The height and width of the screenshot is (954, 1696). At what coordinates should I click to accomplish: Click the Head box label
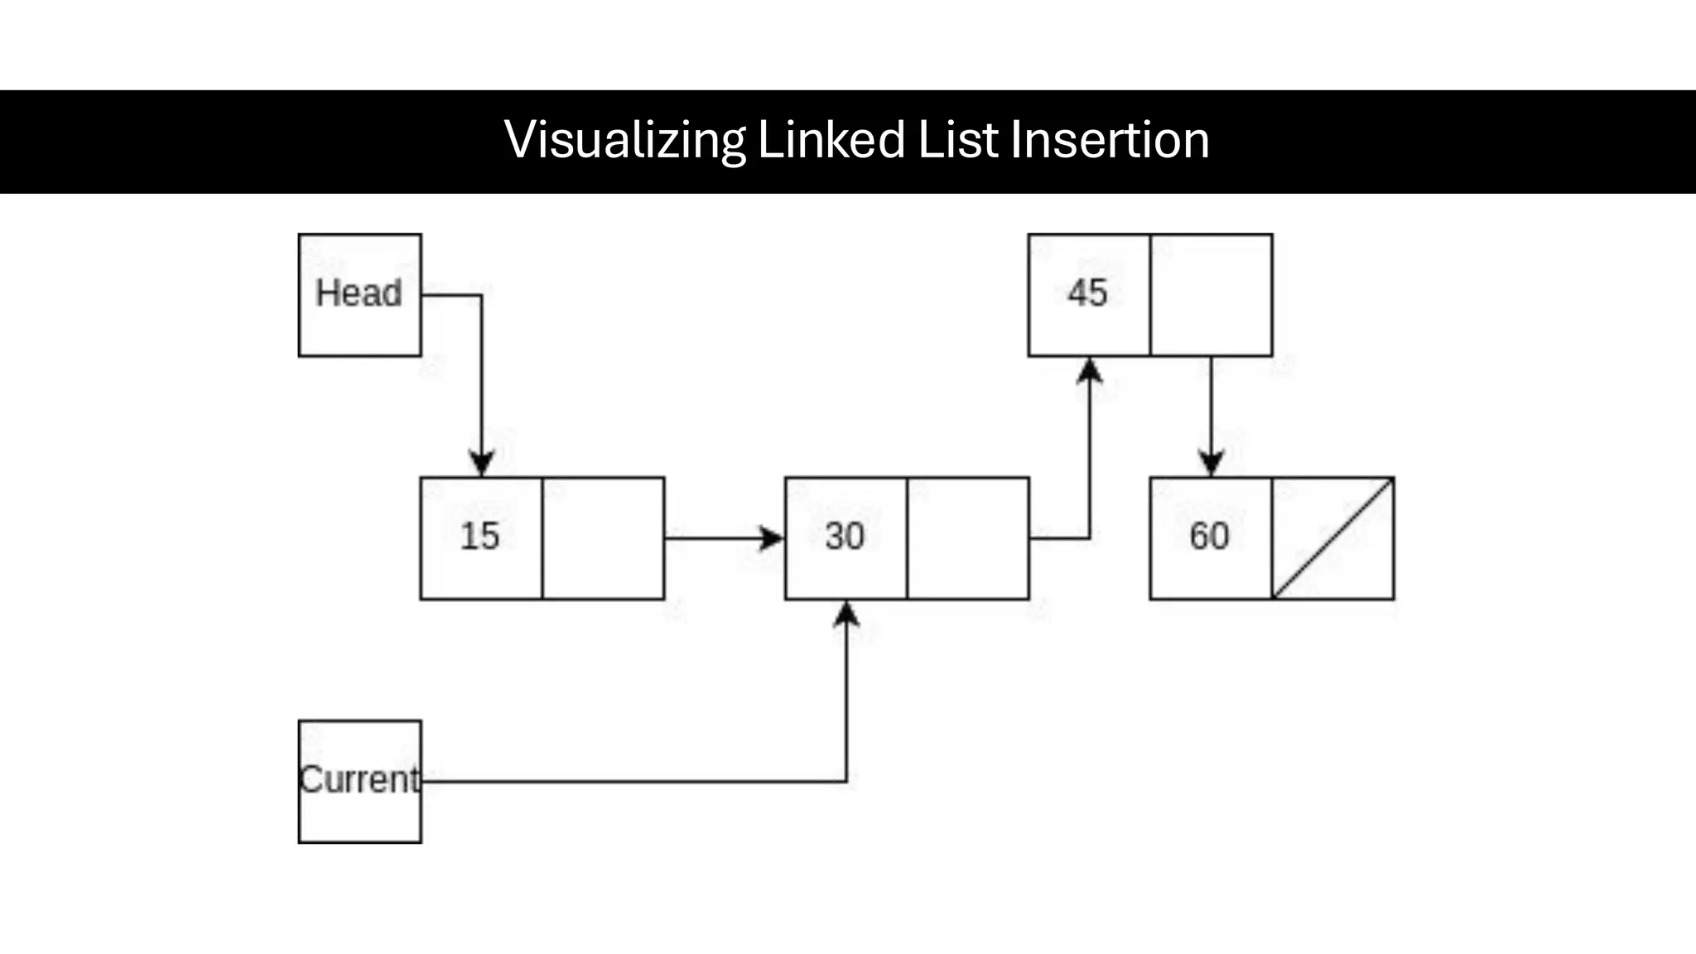(x=359, y=293)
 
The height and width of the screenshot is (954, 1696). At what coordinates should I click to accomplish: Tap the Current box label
(x=359, y=780)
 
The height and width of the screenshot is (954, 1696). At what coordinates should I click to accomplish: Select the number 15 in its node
(x=480, y=536)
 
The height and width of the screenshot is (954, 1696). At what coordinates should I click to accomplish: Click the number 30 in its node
(x=845, y=536)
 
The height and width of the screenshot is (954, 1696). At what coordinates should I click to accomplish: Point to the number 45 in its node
(x=1087, y=293)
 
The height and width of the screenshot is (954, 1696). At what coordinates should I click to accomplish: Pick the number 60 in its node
(x=1209, y=536)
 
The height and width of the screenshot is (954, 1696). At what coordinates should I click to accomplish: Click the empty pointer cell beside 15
(x=603, y=538)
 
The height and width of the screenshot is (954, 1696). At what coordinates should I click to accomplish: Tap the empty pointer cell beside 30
(x=968, y=538)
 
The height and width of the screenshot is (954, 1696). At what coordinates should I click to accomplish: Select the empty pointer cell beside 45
(x=1212, y=295)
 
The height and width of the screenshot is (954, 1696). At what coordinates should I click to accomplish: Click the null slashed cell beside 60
(x=1333, y=538)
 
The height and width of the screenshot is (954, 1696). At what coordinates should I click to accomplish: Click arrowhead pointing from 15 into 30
(x=772, y=538)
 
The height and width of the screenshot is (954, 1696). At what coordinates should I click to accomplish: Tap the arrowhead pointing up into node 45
(x=1089, y=370)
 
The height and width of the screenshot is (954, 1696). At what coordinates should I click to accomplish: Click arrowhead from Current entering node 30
(x=846, y=614)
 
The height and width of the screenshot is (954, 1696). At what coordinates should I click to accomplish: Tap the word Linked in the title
(x=831, y=140)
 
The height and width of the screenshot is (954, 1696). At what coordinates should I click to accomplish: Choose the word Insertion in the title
(x=1110, y=140)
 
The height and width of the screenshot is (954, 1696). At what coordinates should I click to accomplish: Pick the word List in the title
(x=958, y=140)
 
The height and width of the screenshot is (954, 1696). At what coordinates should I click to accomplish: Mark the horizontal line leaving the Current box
(x=629, y=781)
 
